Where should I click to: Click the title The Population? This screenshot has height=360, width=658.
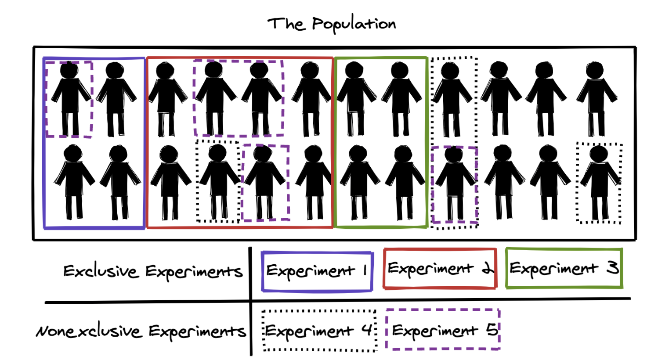(x=332, y=24)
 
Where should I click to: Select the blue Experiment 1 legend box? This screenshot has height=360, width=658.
(x=317, y=271)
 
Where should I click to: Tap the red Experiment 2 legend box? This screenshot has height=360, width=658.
(x=440, y=268)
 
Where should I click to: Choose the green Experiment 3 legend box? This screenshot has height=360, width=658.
(x=564, y=268)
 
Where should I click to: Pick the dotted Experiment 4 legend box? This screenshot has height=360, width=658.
(x=319, y=331)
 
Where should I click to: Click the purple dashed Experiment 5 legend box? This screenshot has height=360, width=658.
(x=443, y=330)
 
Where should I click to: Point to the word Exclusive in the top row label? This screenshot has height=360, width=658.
(x=100, y=271)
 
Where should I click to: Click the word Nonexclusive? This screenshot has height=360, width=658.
(x=89, y=331)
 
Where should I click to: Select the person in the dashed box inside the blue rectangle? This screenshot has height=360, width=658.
(x=69, y=99)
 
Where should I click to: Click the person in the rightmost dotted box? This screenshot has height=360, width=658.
(x=599, y=182)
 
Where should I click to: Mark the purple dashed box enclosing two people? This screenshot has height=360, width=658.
(x=239, y=98)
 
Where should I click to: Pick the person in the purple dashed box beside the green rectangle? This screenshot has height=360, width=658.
(x=454, y=184)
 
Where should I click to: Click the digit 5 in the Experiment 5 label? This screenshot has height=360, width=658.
(x=492, y=329)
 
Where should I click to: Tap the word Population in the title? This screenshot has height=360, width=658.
(x=354, y=24)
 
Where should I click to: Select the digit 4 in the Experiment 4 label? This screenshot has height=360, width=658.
(x=368, y=330)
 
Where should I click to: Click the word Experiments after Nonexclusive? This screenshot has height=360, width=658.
(x=196, y=331)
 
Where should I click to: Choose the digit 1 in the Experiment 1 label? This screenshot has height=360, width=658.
(x=365, y=270)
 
